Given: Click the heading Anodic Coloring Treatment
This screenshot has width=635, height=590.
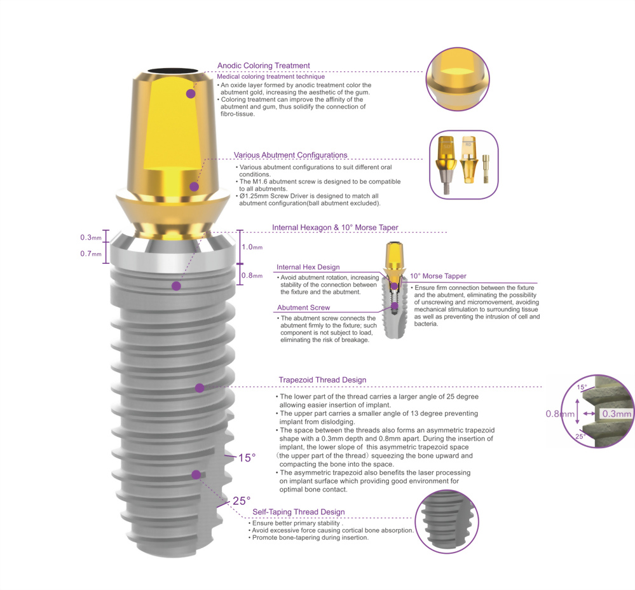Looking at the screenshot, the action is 263,65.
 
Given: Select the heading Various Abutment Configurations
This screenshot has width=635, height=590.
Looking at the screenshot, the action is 290,155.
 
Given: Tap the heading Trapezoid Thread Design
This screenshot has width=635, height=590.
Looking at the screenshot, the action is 322,380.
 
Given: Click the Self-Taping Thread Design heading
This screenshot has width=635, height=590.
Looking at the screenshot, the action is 299,512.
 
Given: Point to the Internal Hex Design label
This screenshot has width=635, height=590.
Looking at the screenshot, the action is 308,267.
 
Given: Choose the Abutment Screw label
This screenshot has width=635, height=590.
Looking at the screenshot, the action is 303,308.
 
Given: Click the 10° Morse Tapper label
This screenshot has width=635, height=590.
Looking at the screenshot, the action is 438,276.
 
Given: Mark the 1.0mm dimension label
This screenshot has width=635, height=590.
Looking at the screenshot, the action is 252,247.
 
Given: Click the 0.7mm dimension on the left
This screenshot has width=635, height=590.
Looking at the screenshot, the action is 91,254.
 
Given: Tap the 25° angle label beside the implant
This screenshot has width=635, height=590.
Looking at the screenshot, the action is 242,501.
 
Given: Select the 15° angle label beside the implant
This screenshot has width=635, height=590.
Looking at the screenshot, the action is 247,458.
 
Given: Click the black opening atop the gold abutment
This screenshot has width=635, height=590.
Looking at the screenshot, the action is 173,71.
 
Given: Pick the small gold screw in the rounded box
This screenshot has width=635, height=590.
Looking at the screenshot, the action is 486,168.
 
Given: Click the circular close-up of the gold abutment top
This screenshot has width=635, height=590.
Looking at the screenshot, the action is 458,79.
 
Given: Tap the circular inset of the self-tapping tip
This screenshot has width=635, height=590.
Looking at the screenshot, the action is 447,521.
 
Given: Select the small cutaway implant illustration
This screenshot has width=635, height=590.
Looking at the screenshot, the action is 395,291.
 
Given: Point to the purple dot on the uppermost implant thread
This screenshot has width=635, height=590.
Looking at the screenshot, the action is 176,286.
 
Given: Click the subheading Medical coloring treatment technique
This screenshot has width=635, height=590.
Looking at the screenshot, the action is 271,76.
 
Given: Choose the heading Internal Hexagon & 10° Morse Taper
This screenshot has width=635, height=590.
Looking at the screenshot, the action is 335,228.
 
